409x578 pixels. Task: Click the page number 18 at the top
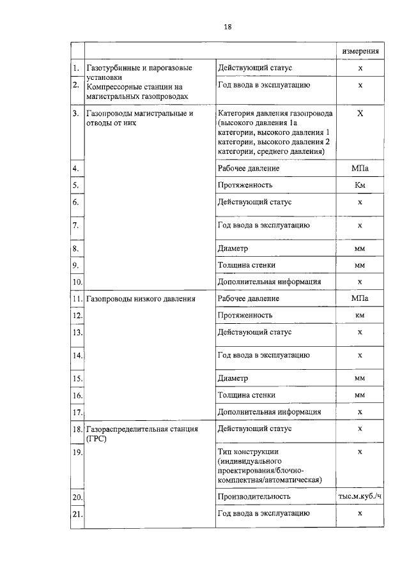click(228, 27)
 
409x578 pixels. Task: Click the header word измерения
click(360, 50)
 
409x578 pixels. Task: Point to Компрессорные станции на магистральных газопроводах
click(137, 90)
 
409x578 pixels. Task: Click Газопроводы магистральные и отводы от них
click(139, 118)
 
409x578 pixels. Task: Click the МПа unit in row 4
click(360, 169)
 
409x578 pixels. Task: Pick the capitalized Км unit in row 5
click(360, 185)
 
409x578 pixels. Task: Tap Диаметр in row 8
click(233, 248)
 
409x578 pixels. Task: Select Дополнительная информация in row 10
click(269, 282)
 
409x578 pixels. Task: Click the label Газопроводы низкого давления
click(141, 298)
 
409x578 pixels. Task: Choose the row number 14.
click(77, 355)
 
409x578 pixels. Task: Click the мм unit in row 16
click(360, 395)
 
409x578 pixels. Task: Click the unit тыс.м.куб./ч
click(360, 496)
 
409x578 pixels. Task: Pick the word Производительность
click(254, 496)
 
